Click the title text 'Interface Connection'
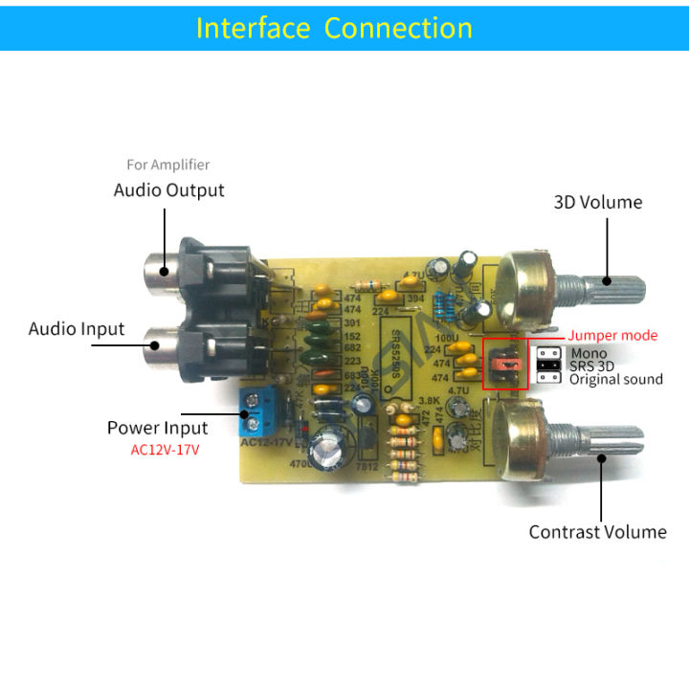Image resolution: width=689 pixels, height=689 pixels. (334, 28)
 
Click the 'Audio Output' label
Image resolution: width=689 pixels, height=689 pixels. (168, 189)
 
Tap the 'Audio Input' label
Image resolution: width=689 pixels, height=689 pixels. (77, 328)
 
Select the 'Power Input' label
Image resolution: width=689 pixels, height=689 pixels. (157, 427)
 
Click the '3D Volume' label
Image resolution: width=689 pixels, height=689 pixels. (598, 202)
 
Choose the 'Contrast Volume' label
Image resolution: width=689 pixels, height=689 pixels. (597, 531)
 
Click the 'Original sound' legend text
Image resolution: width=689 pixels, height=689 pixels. (616, 379)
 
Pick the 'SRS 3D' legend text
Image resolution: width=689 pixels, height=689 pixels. (592, 366)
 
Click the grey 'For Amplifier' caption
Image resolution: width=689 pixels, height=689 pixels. (167, 165)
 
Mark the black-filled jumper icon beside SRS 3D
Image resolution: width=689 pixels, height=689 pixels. (548, 366)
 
